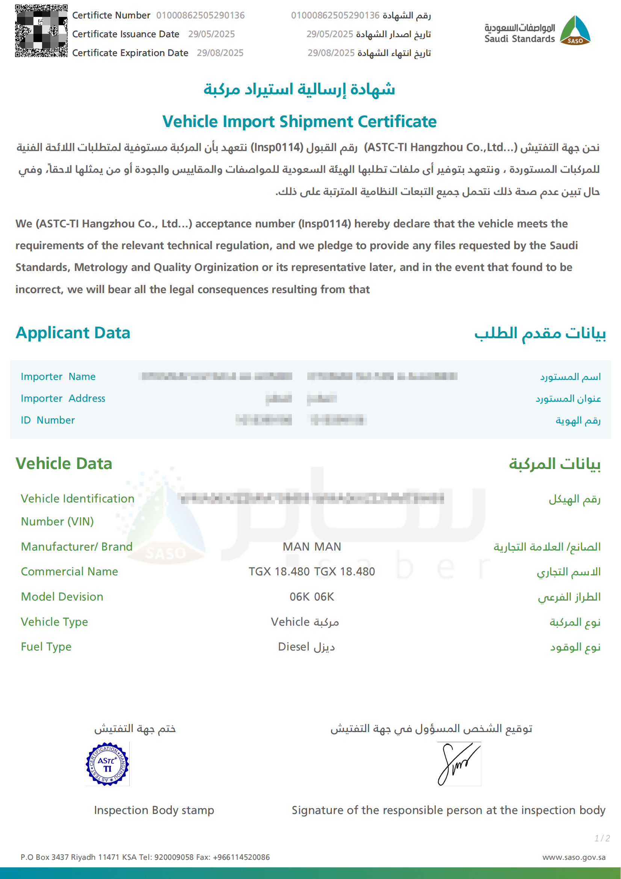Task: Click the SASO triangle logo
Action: click(x=575, y=30)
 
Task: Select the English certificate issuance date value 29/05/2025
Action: click(x=211, y=34)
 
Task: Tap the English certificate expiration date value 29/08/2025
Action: click(x=220, y=53)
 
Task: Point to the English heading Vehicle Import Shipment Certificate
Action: click(x=299, y=121)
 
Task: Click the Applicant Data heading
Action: click(x=73, y=333)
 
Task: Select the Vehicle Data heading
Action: click(x=64, y=463)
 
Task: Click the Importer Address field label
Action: click(x=63, y=398)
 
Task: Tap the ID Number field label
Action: click(x=48, y=420)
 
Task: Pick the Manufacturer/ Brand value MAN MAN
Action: click(x=312, y=546)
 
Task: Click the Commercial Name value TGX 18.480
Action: click(x=312, y=571)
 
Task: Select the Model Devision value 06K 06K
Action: click(x=312, y=596)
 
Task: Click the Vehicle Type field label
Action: click(x=54, y=622)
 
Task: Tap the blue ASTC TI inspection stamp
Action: click(x=107, y=764)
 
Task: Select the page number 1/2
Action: click(x=602, y=838)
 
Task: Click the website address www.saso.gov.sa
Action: click(x=574, y=857)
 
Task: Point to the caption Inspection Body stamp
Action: click(x=154, y=810)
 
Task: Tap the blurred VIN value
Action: click(x=312, y=498)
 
